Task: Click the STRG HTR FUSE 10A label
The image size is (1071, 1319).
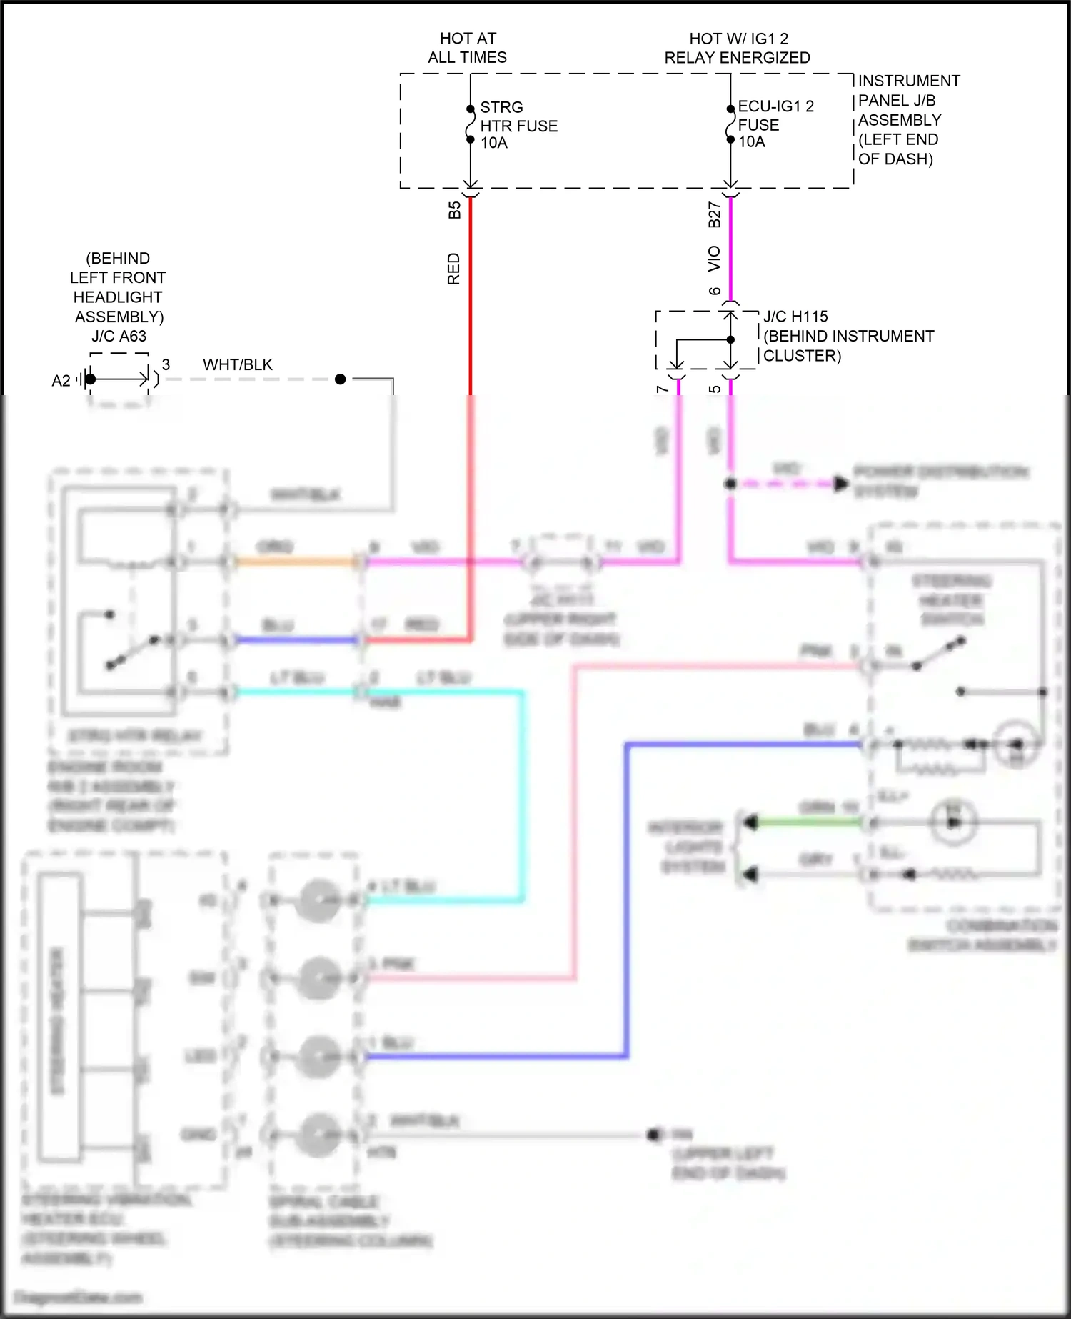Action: point(518,125)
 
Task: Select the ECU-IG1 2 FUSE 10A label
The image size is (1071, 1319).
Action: point(775,124)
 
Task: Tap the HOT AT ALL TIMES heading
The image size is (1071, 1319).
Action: point(468,48)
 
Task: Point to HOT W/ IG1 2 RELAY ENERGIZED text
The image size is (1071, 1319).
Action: point(738,48)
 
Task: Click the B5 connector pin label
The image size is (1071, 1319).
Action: point(454,210)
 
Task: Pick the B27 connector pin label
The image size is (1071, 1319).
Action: point(714,214)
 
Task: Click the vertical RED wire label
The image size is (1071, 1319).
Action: point(453,269)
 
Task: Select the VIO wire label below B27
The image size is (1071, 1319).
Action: point(714,259)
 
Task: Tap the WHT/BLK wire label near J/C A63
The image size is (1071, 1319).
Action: point(238,364)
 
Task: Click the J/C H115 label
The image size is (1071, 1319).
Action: point(795,317)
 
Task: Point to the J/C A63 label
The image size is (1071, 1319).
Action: point(119,336)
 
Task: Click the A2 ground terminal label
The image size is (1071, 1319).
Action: point(61,381)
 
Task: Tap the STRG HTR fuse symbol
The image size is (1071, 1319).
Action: point(470,125)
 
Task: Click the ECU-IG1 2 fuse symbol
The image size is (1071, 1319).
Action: point(730,124)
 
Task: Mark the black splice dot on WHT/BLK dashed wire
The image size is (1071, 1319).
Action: point(341,379)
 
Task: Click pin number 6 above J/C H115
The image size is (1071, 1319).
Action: point(715,291)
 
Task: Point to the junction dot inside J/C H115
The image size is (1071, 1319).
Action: point(730,339)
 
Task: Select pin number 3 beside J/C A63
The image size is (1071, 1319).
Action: point(166,364)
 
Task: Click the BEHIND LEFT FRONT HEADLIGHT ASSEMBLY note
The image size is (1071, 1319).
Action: point(118,287)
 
